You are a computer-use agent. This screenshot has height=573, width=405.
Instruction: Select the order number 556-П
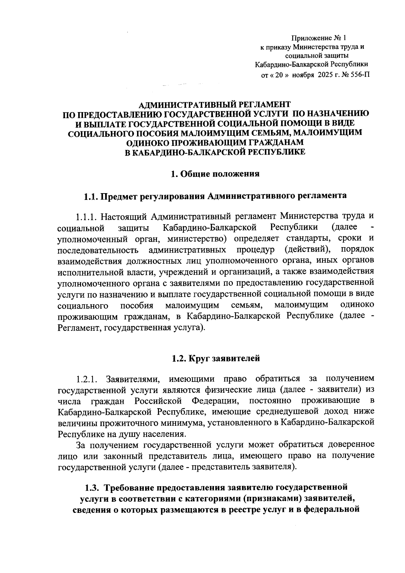358,75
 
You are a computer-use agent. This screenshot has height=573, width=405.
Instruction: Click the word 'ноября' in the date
303,75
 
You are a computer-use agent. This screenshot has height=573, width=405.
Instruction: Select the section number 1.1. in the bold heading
90,196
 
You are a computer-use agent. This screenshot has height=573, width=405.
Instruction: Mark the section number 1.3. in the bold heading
91,488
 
